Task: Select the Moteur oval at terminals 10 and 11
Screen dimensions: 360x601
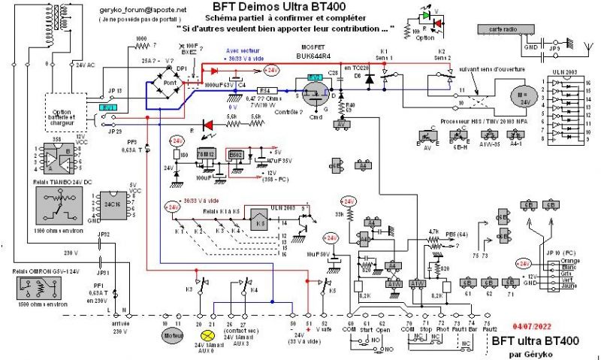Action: click(174, 336)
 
